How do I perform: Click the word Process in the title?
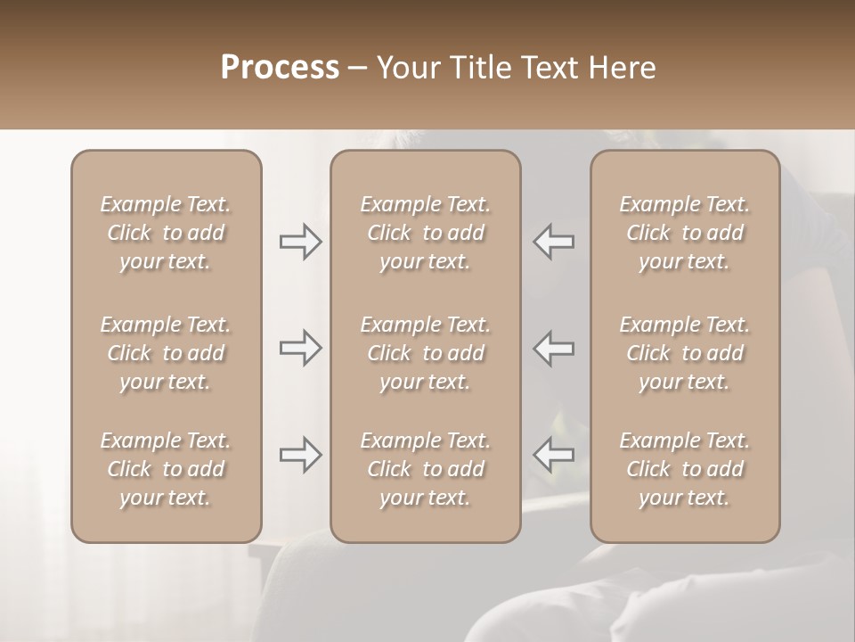[280, 68]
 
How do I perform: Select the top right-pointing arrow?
[301, 242]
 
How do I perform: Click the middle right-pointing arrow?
[301, 348]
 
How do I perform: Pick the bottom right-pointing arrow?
[301, 455]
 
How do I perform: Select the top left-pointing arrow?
[554, 242]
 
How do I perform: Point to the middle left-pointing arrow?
[554, 348]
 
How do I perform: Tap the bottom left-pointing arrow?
[554, 455]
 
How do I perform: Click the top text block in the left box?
[166, 233]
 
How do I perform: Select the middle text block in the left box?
[166, 353]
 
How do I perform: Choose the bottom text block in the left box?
[166, 469]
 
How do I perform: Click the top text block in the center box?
[426, 233]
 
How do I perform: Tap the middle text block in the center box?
[426, 353]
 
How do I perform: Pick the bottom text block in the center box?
[426, 469]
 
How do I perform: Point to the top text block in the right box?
[685, 233]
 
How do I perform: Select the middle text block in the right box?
[685, 353]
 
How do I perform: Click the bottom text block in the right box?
[685, 469]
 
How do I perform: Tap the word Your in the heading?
[406, 68]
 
